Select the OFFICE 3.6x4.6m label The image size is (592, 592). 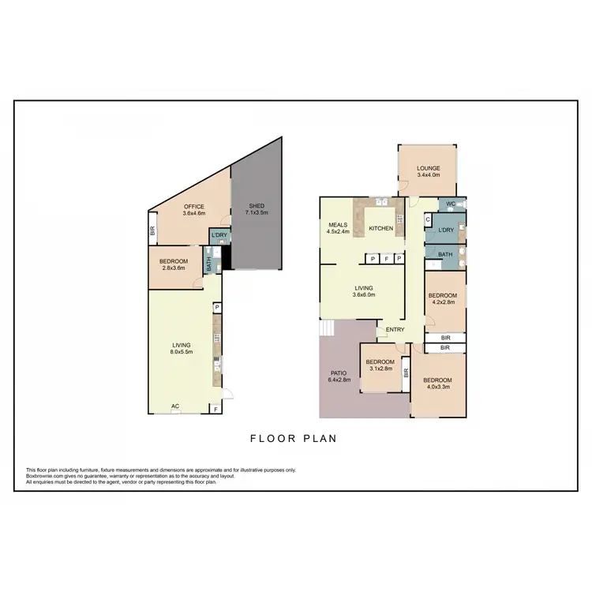[x=193, y=210]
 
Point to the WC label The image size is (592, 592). [x=450, y=204]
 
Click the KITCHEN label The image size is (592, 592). [x=382, y=229]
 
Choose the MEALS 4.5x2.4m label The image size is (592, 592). [x=338, y=229]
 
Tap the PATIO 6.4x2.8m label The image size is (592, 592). [x=338, y=376]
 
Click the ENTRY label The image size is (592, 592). [x=395, y=330]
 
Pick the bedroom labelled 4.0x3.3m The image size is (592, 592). [x=438, y=383]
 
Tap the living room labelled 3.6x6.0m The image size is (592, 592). [x=364, y=291]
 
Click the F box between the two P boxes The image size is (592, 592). [x=385, y=258]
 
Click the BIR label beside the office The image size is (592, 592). [x=152, y=231]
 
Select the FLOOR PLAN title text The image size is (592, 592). [x=293, y=439]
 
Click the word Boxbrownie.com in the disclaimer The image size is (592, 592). [x=44, y=476]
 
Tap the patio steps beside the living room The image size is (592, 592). [x=326, y=328]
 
